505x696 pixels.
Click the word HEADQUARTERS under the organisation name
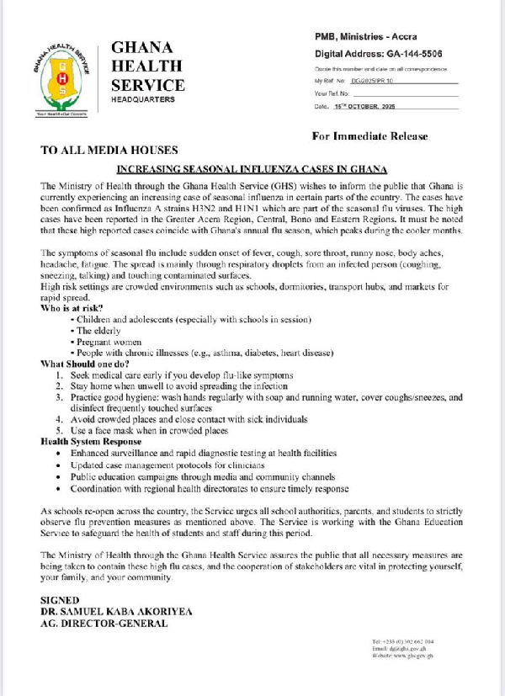point(143,100)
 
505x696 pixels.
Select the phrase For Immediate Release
point(369,135)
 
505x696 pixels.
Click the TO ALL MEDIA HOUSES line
point(109,151)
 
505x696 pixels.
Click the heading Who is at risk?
point(72,308)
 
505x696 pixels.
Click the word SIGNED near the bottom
point(60,599)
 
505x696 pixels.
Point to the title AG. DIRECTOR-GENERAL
point(104,624)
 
